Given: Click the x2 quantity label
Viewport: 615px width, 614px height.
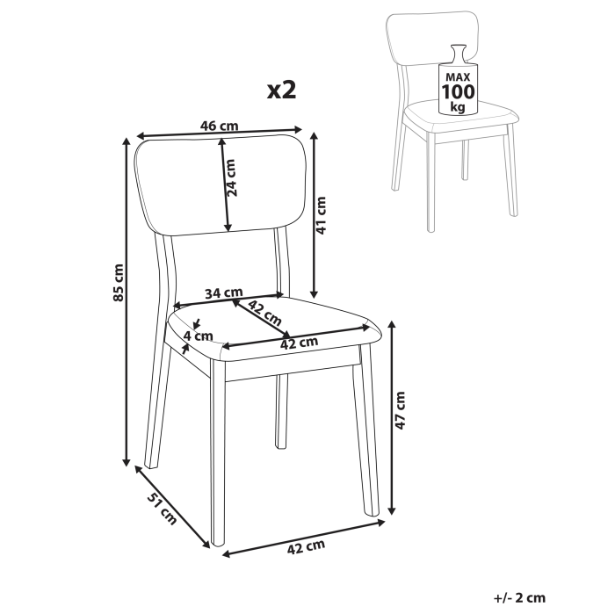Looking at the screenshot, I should pyautogui.click(x=280, y=90).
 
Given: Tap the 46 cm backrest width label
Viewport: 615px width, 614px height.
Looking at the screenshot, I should pyautogui.click(x=220, y=126).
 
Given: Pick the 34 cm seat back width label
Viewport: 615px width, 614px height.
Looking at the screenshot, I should pyautogui.click(x=223, y=293).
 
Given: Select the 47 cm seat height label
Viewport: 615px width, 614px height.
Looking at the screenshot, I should pyautogui.click(x=401, y=409).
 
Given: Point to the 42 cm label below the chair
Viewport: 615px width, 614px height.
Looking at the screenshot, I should pyautogui.click(x=307, y=548).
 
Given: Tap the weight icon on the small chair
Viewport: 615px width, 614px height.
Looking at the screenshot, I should pyautogui.click(x=457, y=81).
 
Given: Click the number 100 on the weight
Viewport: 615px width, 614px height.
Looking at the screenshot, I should pyautogui.click(x=457, y=91).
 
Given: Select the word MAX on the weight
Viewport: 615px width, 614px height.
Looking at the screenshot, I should pyautogui.click(x=457, y=76).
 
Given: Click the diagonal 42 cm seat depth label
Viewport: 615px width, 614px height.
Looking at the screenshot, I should pyautogui.click(x=264, y=311).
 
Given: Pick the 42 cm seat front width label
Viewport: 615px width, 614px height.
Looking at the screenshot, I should pyautogui.click(x=299, y=343).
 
